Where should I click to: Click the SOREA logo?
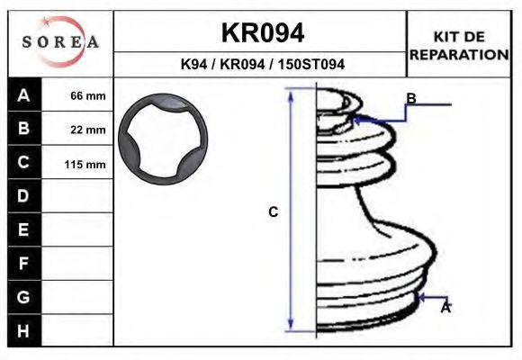click(59, 42)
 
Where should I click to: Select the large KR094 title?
click(262, 33)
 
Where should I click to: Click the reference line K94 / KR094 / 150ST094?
click(262, 65)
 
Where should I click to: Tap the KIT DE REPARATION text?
click(459, 45)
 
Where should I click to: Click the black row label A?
click(24, 95)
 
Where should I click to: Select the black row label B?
click(24, 129)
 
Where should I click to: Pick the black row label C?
click(24, 163)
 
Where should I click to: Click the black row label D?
click(24, 196)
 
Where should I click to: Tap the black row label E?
click(24, 230)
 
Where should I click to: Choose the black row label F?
click(24, 264)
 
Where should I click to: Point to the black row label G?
click(24, 297)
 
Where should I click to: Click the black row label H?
click(24, 330)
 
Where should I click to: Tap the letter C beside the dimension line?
click(274, 212)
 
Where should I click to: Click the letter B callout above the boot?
click(410, 98)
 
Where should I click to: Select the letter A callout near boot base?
click(445, 308)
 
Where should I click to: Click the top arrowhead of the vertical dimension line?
click(291, 94)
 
